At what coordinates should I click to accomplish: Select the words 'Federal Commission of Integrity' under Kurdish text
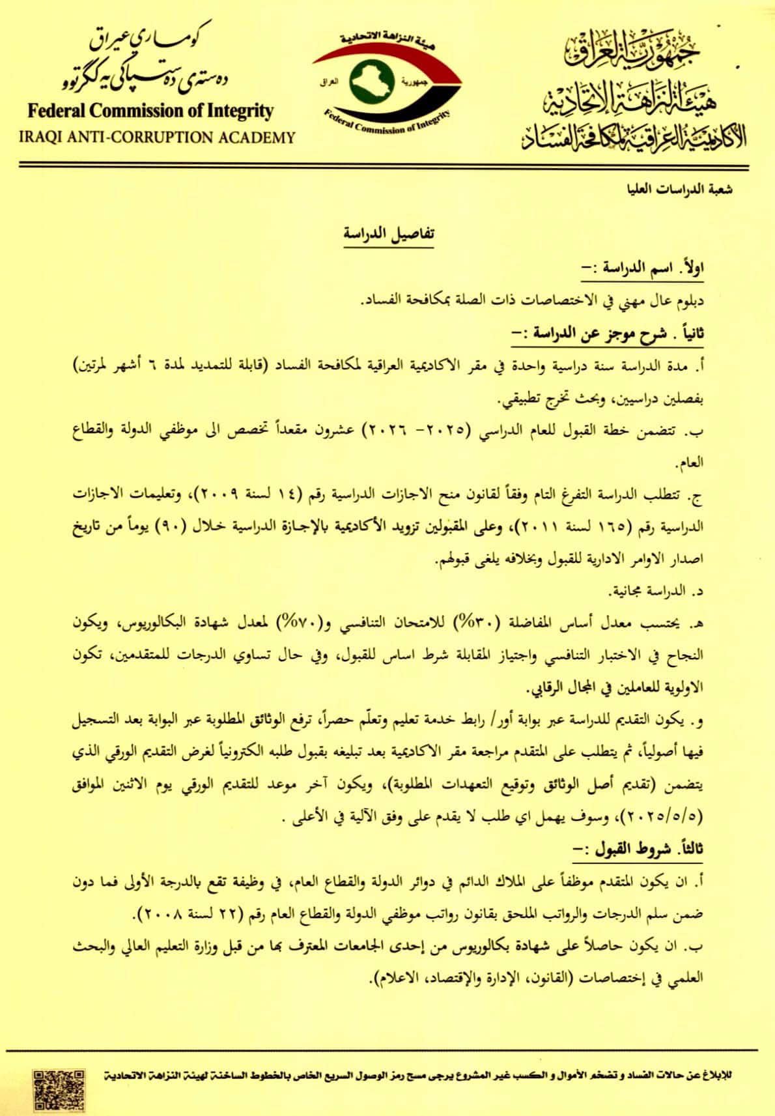(x=150, y=111)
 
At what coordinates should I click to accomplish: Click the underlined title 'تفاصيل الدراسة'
(x=387, y=235)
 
